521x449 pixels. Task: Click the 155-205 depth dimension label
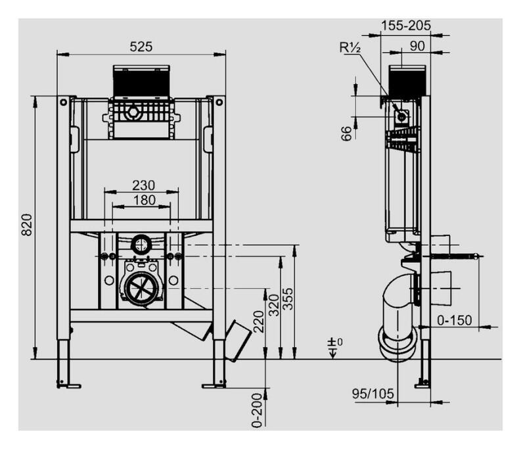(405, 25)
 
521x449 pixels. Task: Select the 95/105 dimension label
(373, 394)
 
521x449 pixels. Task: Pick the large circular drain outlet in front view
(141, 287)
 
